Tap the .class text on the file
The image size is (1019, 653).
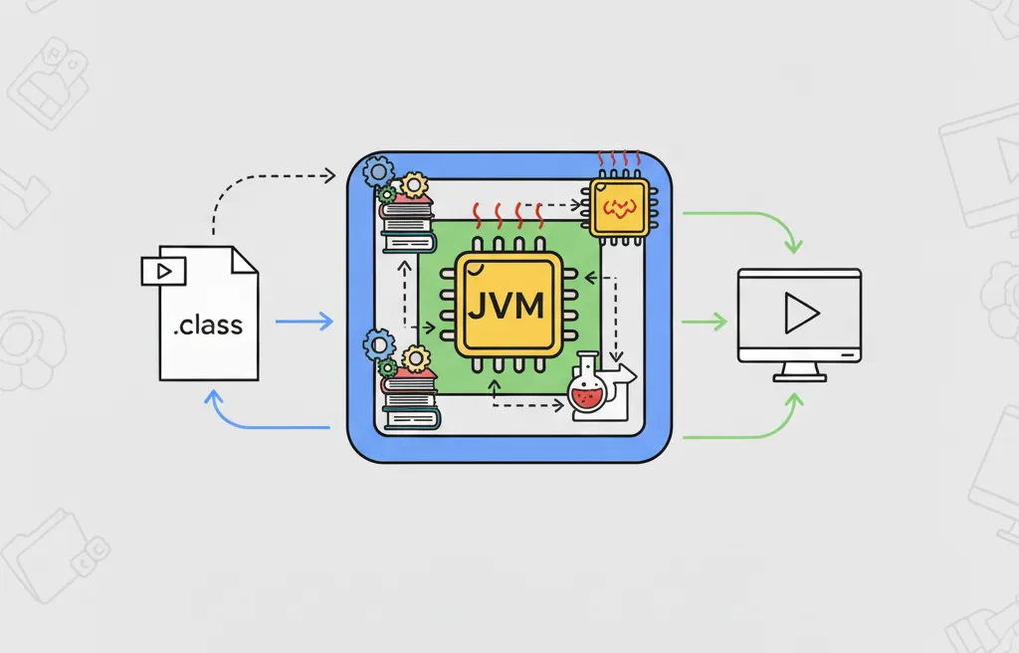pyautogui.click(x=208, y=326)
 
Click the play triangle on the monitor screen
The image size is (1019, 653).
pyautogui.click(x=799, y=315)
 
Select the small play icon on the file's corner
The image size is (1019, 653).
pyautogui.click(x=162, y=270)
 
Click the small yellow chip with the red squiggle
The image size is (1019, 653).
pyautogui.click(x=619, y=206)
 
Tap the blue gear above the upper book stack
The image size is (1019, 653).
pyautogui.click(x=379, y=171)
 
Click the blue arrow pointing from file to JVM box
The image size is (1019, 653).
pyautogui.click(x=303, y=322)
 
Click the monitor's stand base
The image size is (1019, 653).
pyautogui.click(x=799, y=377)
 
